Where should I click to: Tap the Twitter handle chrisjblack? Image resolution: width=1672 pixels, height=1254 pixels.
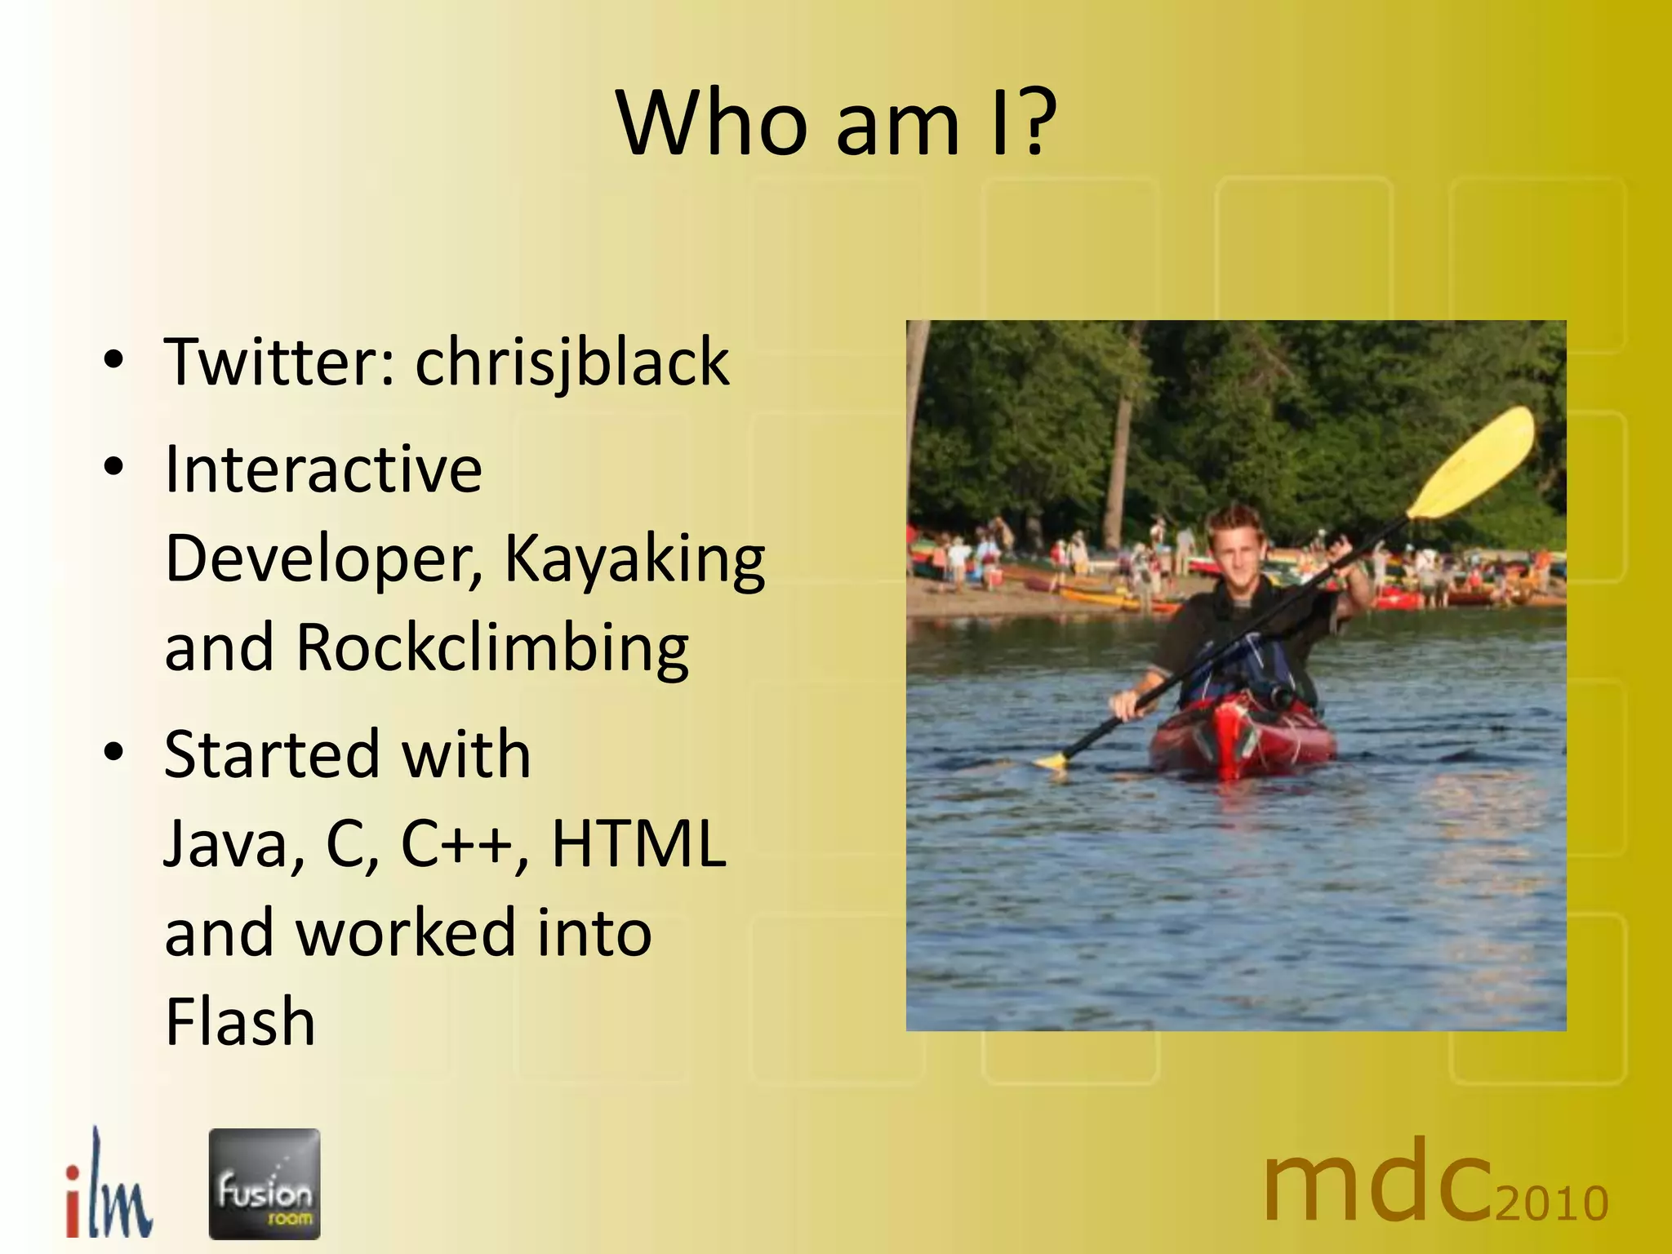(x=571, y=362)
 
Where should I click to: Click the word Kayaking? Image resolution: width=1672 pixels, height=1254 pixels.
(x=634, y=559)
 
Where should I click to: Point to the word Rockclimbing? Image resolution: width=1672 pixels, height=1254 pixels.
(x=491, y=648)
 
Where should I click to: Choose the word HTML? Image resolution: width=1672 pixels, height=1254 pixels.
(x=638, y=843)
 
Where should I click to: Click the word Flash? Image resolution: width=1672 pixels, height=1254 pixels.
(x=240, y=1021)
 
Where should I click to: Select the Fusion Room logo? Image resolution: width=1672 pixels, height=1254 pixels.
(x=265, y=1184)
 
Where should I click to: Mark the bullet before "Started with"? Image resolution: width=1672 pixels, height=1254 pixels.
(x=113, y=752)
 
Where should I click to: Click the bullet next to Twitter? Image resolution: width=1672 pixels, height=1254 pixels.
(x=113, y=359)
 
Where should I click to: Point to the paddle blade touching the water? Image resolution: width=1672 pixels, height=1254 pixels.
(x=1052, y=762)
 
